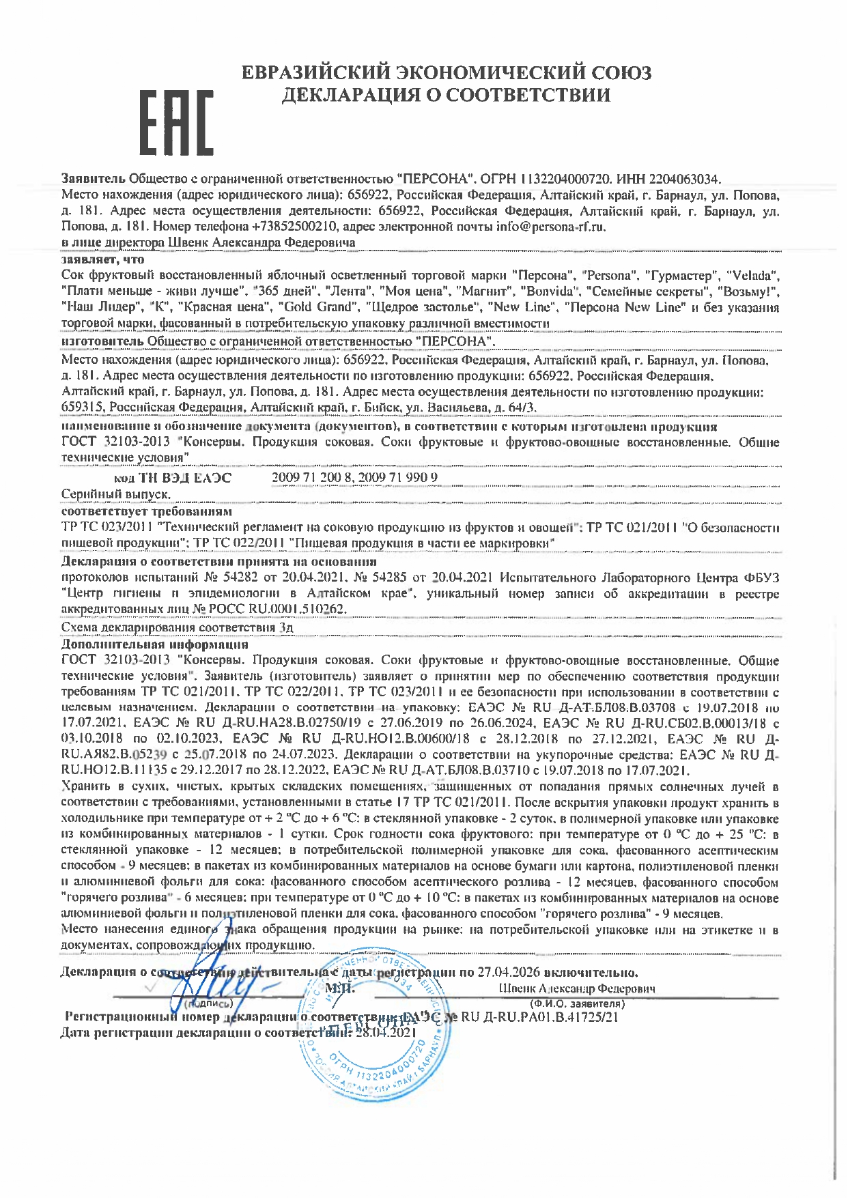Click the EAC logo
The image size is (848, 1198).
[176, 122]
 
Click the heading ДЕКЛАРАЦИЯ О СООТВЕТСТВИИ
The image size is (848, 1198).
[447, 95]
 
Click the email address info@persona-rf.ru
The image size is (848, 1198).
[550, 227]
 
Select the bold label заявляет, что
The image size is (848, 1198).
[102, 259]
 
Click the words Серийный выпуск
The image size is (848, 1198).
[116, 494]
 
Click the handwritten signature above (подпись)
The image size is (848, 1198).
[218, 986]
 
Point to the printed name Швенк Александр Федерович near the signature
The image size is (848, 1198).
[577, 988]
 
